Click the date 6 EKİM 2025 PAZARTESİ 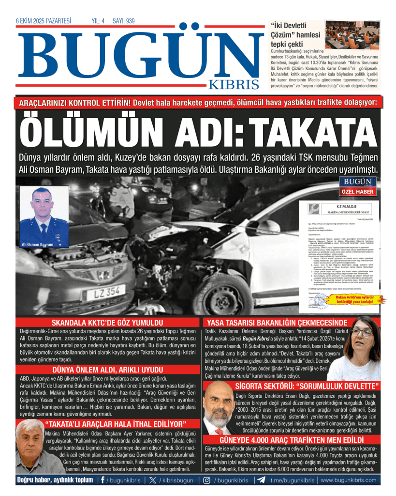(x=44, y=21)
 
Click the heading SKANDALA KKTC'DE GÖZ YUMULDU (x=107, y=323)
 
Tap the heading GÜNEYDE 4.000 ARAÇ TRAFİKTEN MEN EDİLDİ (x=285, y=440)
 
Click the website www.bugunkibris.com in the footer (x=348, y=480)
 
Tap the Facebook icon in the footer (x=102, y=480)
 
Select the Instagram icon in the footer (x=206, y=480)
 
